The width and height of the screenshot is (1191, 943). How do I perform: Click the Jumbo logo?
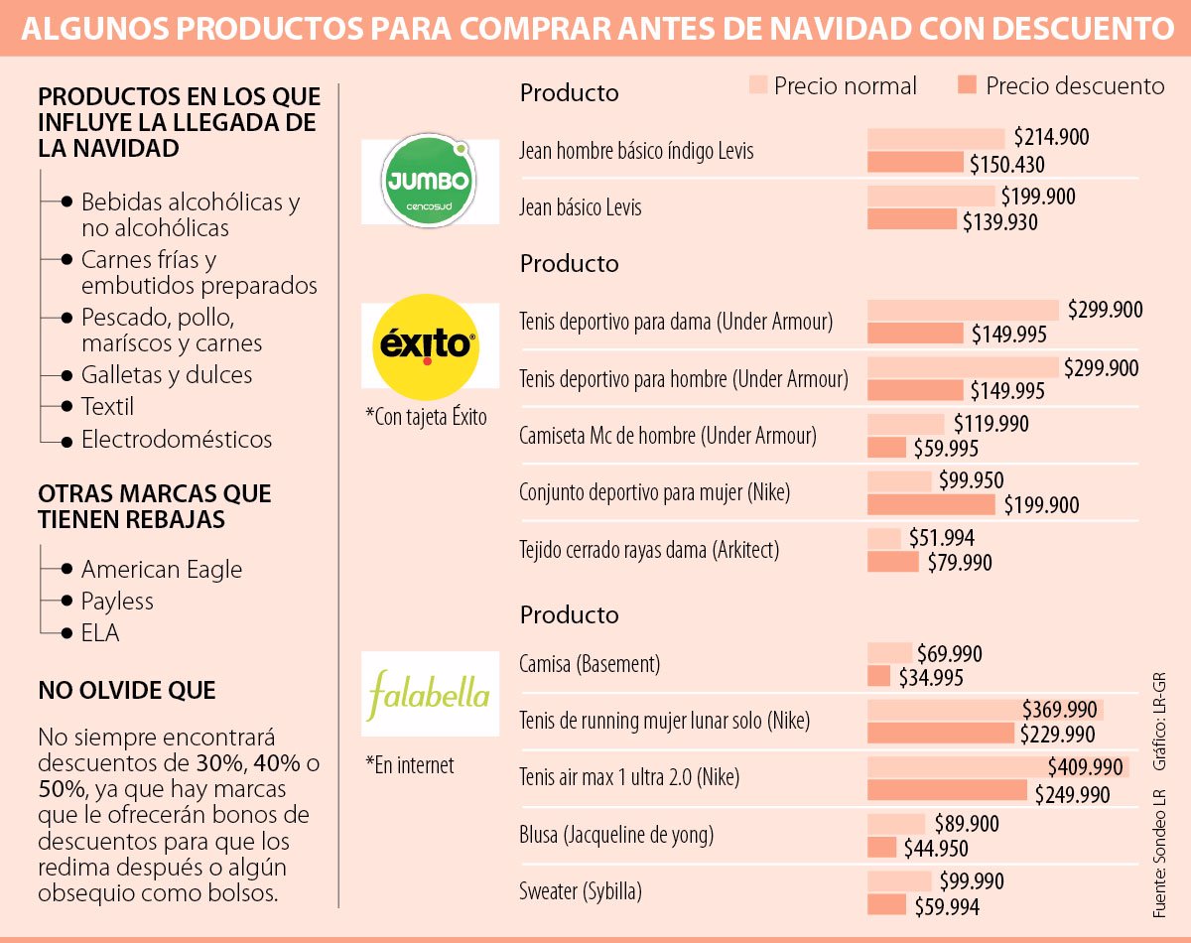(430, 182)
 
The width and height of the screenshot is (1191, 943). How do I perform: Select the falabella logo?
(430, 693)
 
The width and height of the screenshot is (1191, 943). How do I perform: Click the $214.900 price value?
(1051, 138)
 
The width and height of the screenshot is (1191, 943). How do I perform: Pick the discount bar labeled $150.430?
(915, 163)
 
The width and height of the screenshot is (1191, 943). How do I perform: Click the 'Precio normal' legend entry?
(845, 86)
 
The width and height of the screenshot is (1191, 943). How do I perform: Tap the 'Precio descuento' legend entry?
(1074, 86)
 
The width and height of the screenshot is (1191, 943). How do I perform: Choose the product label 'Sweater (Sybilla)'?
(581, 891)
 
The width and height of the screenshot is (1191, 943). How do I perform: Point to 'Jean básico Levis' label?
(581, 208)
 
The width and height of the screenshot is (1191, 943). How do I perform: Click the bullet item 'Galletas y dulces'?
(167, 375)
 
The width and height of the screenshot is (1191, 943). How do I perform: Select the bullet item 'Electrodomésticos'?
(177, 439)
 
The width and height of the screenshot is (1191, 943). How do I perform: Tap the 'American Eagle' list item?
(162, 570)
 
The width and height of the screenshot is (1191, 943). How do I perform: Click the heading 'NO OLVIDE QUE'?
(127, 691)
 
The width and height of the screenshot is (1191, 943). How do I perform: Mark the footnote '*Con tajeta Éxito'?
(426, 417)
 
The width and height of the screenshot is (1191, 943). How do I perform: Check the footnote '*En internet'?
(410, 765)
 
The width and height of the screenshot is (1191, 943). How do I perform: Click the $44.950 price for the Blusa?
(935, 849)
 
